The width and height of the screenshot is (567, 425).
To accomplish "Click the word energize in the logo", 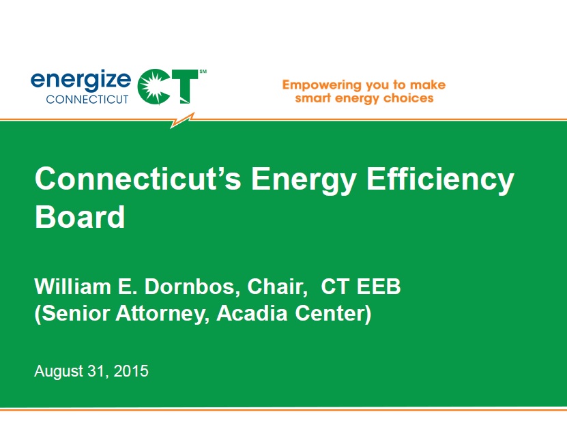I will [81, 80].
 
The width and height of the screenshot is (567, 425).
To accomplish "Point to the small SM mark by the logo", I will [203, 71].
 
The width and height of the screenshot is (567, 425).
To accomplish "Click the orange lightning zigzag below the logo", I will [182, 120].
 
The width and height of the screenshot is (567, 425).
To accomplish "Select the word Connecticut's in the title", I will [136, 179].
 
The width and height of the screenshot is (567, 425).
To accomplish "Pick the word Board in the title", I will [80, 218].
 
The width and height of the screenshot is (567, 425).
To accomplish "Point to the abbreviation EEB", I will [379, 287].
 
